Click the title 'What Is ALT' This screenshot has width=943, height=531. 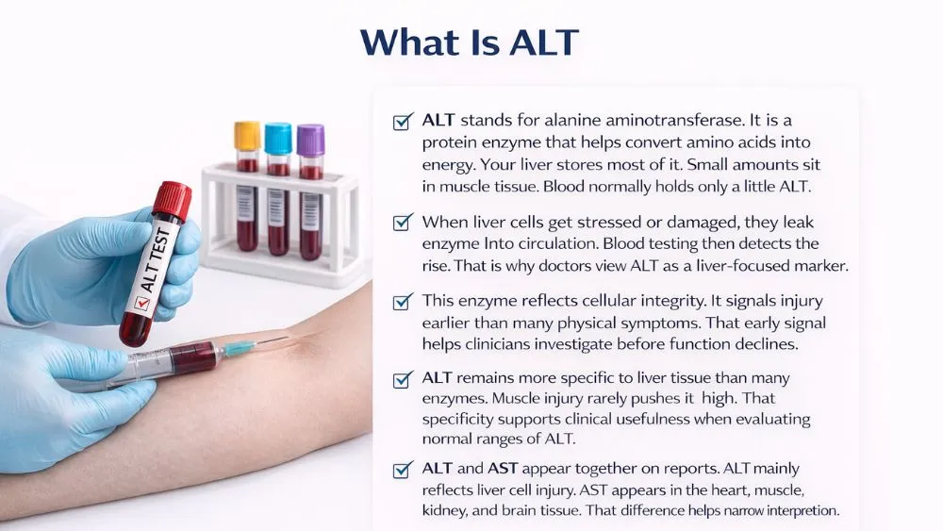[x=469, y=42]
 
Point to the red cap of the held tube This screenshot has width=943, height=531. [x=172, y=201]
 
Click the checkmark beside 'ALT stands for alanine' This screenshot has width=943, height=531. [x=403, y=122]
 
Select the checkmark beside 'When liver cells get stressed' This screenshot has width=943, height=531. [x=403, y=223]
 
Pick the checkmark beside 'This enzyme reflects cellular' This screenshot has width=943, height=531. [x=403, y=302]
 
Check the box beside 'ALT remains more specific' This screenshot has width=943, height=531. [x=403, y=378]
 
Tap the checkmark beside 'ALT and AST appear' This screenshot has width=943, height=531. [x=403, y=469]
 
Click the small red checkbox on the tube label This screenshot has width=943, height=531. [x=142, y=304]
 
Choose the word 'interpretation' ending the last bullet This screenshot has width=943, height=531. [x=790, y=511]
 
